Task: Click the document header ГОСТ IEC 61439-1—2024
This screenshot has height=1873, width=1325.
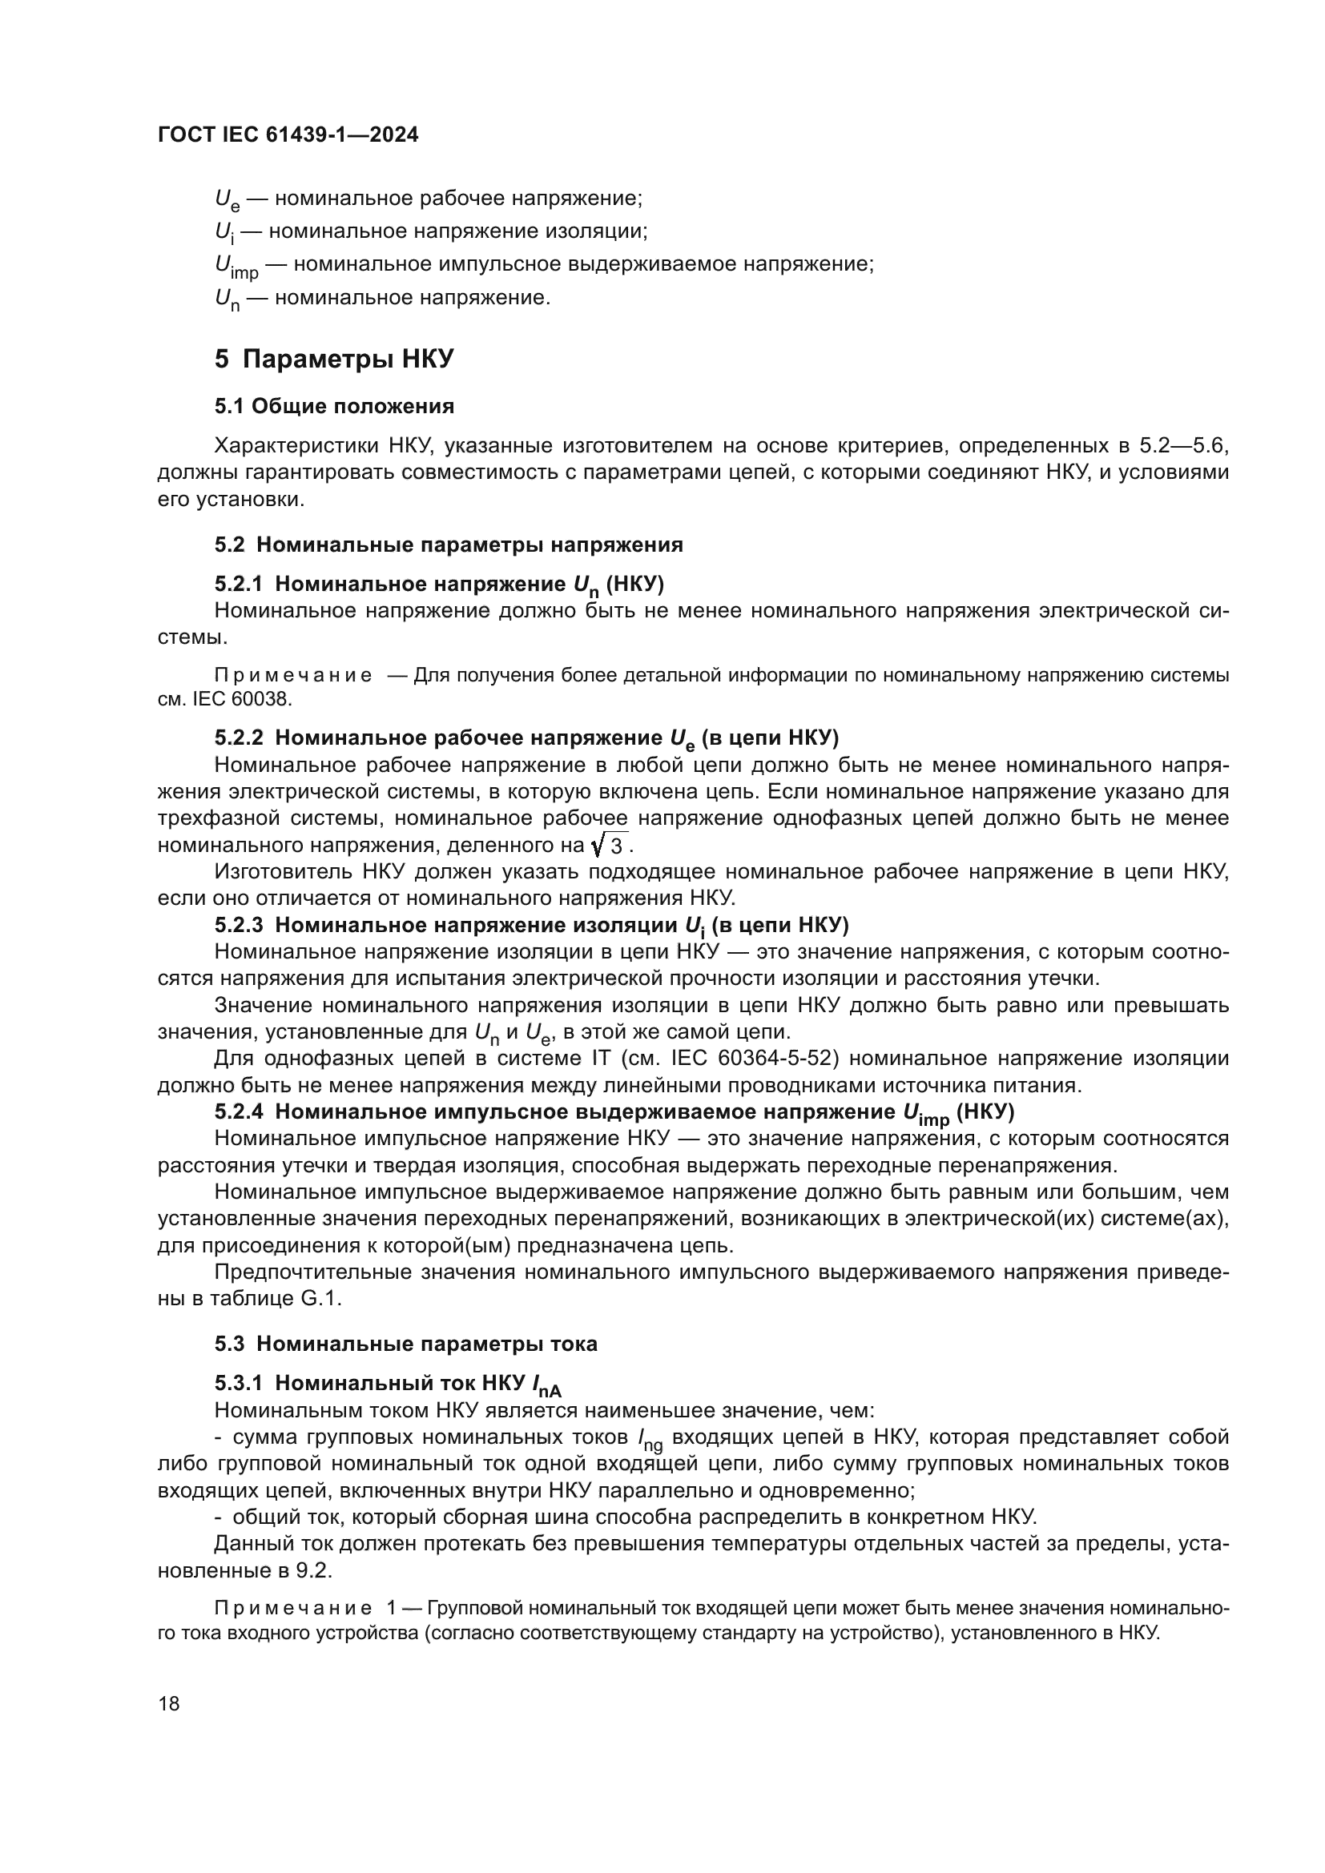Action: (288, 135)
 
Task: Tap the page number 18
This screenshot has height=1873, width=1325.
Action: (169, 1703)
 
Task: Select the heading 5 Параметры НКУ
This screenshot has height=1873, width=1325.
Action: (334, 359)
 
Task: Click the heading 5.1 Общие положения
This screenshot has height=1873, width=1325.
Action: (334, 406)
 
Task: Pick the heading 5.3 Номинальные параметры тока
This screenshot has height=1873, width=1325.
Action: (405, 1344)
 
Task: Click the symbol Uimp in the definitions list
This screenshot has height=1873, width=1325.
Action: (236, 267)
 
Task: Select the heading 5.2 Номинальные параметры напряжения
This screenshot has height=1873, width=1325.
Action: (449, 545)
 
